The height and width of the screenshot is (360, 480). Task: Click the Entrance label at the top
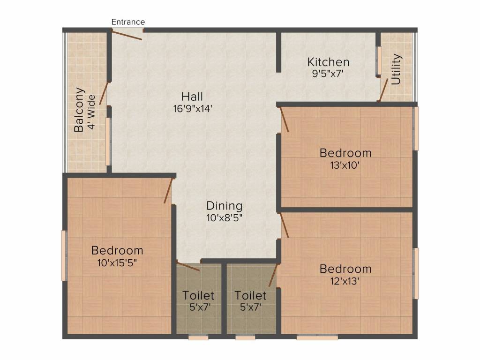pyautogui.click(x=128, y=22)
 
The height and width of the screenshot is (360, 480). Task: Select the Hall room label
pyautogui.click(x=192, y=97)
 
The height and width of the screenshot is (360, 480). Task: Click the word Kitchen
pyautogui.click(x=328, y=62)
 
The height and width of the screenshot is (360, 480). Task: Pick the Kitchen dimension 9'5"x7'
pyautogui.click(x=328, y=73)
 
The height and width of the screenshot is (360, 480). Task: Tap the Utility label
pyautogui.click(x=397, y=69)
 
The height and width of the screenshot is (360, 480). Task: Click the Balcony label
pyautogui.click(x=80, y=110)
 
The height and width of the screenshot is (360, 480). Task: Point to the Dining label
pyautogui.click(x=225, y=206)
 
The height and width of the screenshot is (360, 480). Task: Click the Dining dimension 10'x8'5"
pyautogui.click(x=225, y=217)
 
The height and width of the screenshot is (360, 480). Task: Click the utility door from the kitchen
pyautogui.click(x=383, y=90)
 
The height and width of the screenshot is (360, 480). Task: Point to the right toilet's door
pyautogui.click(x=273, y=276)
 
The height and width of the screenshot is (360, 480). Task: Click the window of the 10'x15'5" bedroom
pyautogui.click(x=64, y=255)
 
